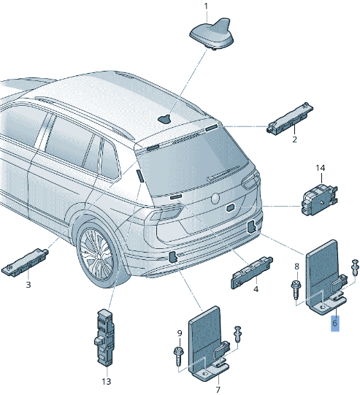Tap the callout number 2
(294, 139)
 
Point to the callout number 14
(320, 169)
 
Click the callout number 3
(28, 285)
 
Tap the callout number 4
(256, 289)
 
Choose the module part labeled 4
(252, 269)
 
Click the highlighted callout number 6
(335, 321)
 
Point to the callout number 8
(296, 266)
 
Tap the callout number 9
(179, 334)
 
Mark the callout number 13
(106, 380)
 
